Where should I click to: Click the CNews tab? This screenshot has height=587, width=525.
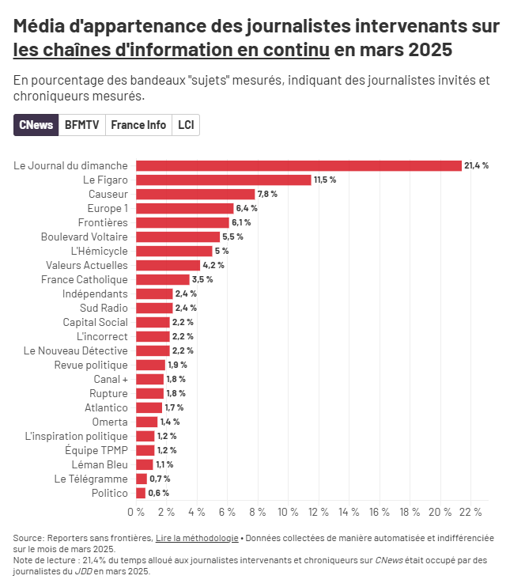pyautogui.click(x=36, y=125)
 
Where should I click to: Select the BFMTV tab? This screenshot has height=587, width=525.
pyautogui.click(x=82, y=125)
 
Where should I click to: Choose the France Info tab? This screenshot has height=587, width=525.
pyautogui.click(x=138, y=125)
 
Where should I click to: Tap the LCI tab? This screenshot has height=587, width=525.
pyautogui.click(x=186, y=125)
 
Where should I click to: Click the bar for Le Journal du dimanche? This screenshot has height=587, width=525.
pyautogui.click(x=298, y=165)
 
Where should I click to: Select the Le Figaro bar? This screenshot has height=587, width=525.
pyautogui.click(x=223, y=180)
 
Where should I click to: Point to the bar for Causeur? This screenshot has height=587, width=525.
pyautogui.click(x=195, y=194)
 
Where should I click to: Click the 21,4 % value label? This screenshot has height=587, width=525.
pyautogui.click(x=477, y=165)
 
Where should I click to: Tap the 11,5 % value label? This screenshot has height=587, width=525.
pyautogui.click(x=325, y=180)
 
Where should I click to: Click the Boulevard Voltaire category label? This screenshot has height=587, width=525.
pyautogui.click(x=84, y=237)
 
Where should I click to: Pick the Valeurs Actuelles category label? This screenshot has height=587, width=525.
pyautogui.click(x=86, y=265)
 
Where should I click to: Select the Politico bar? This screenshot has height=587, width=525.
pyautogui.click(x=141, y=493)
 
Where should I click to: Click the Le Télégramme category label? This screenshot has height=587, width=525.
pyautogui.click(x=90, y=479)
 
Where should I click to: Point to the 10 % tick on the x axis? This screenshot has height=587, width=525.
pyautogui.click(x=288, y=512)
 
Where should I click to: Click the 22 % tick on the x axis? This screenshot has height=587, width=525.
pyautogui.click(x=470, y=512)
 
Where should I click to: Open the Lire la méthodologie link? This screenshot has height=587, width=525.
pyautogui.click(x=197, y=538)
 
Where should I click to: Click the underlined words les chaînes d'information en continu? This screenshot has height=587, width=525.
pyautogui.click(x=171, y=50)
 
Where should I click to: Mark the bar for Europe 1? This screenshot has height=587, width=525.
pyautogui.click(x=184, y=208)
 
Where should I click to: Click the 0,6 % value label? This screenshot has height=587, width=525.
pyautogui.click(x=159, y=493)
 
